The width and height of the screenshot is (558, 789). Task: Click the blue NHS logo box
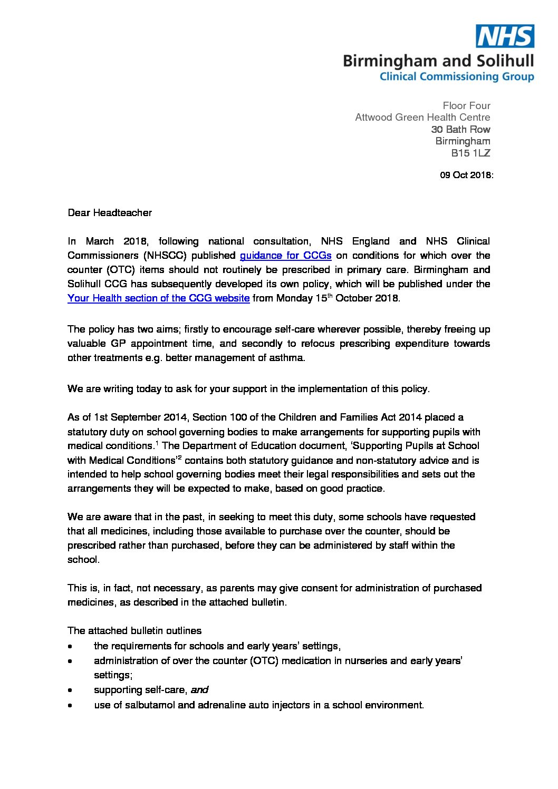click(505, 36)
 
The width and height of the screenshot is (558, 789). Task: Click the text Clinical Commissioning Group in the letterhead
click(457, 77)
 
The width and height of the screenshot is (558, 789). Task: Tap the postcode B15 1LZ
click(470, 153)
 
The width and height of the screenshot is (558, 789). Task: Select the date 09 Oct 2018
click(466, 175)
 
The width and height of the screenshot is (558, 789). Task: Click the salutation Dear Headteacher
click(110, 213)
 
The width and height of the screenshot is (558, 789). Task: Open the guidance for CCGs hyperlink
click(285, 256)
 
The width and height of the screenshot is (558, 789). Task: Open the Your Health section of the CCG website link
click(158, 298)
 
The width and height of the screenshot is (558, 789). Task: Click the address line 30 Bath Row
click(460, 130)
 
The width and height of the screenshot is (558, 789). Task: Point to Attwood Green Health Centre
click(422, 118)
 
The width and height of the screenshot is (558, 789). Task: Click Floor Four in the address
click(466, 106)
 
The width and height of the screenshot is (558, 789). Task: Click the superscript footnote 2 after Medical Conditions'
click(180, 457)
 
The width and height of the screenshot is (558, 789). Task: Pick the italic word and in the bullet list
click(199, 690)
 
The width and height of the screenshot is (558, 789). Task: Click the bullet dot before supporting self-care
click(71, 690)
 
